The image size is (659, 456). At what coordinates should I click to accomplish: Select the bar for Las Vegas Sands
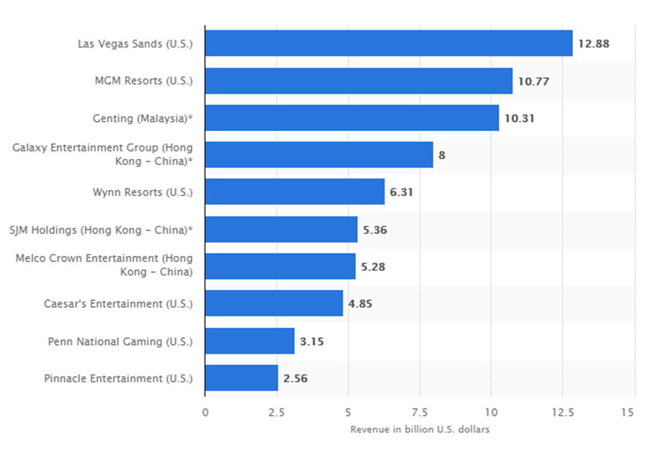tap(388, 43)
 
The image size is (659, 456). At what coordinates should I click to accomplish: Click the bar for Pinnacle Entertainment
tap(242, 378)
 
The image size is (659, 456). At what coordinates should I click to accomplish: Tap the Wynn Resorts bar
tap(295, 192)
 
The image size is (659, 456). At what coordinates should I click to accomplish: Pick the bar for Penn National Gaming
tap(250, 341)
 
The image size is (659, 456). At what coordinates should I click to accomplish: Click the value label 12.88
tap(593, 43)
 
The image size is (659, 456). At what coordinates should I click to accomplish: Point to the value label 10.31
tap(519, 118)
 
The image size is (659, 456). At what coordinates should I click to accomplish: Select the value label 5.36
tap(378, 230)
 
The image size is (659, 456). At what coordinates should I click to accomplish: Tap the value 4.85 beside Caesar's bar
tap(361, 304)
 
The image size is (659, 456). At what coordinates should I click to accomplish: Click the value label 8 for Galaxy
tap(442, 155)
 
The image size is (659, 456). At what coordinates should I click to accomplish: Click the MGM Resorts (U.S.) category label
tap(143, 81)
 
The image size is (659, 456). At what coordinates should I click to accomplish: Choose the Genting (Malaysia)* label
tap(142, 118)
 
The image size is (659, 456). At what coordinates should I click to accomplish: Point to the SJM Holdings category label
tap(101, 230)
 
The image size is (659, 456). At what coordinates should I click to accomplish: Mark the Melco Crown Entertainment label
tap(104, 265)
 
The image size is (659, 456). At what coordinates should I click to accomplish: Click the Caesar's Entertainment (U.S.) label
tap(118, 304)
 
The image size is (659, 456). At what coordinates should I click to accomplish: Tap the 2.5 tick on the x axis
tap(277, 412)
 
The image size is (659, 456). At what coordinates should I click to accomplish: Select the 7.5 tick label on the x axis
tap(419, 412)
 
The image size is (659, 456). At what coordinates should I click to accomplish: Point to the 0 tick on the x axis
tap(205, 412)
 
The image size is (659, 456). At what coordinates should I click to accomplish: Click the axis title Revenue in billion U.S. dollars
tap(419, 429)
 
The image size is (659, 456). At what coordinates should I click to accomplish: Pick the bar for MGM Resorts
tap(358, 81)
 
